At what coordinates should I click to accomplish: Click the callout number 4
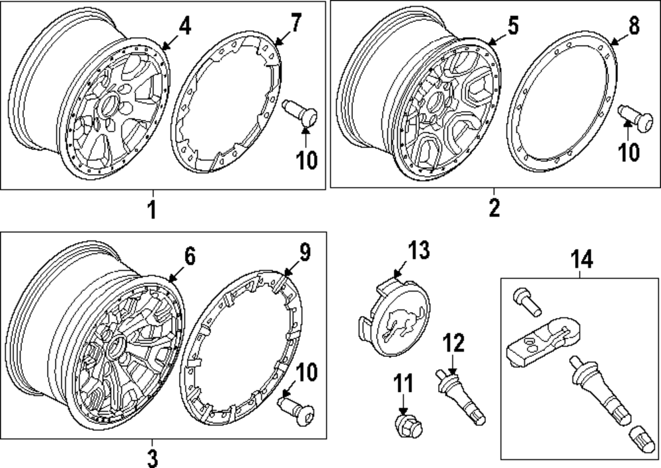coord(184,27)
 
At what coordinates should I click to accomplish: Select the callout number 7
coord(295,24)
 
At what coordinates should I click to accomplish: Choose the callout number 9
coord(303,253)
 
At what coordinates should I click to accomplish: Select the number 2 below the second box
coord(494,208)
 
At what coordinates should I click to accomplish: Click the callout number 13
coord(418,251)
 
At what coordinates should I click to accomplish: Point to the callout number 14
coord(582,260)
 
